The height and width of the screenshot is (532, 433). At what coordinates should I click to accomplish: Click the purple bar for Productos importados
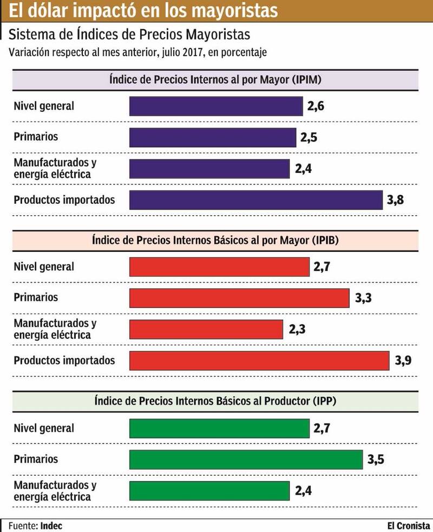pyautogui.click(x=256, y=200)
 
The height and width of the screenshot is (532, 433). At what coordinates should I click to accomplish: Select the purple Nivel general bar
pyautogui.click(x=216, y=106)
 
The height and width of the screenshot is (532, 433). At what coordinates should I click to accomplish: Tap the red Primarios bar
pyautogui.click(x=239, y=298)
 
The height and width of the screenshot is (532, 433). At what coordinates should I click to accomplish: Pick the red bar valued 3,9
pyautogui.click(x=259, y=361)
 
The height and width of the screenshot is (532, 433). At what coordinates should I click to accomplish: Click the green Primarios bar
pyautogui.click(x=246, y=460)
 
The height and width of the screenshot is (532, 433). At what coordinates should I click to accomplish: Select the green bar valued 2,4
pyautogui.click(x=209, y=491)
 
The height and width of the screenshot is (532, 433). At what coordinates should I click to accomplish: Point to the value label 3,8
pyautogui.click(x=396, y=201)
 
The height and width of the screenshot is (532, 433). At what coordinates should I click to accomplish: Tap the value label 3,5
pyautogui.click(x=376, y=460)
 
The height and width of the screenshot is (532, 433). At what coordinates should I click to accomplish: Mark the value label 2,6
pyautogui.click(x=316, y=107)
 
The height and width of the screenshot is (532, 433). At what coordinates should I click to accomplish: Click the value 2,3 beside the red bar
pyautogui.click(x=297, y=329)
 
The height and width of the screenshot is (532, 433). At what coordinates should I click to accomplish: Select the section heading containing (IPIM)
pyautogui.click(x=215, y=80)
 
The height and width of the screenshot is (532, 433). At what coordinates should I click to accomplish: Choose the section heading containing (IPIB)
pyautogui.click(x=215, y=241)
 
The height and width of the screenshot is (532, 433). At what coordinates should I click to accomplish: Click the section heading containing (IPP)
pyautogui.click(x=215, y=402)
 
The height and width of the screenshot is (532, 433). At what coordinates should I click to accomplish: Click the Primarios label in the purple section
pyautogui.click(x=36, y=137)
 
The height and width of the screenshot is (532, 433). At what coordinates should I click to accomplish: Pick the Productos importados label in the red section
pyautogui.click(x=64, y=360)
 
